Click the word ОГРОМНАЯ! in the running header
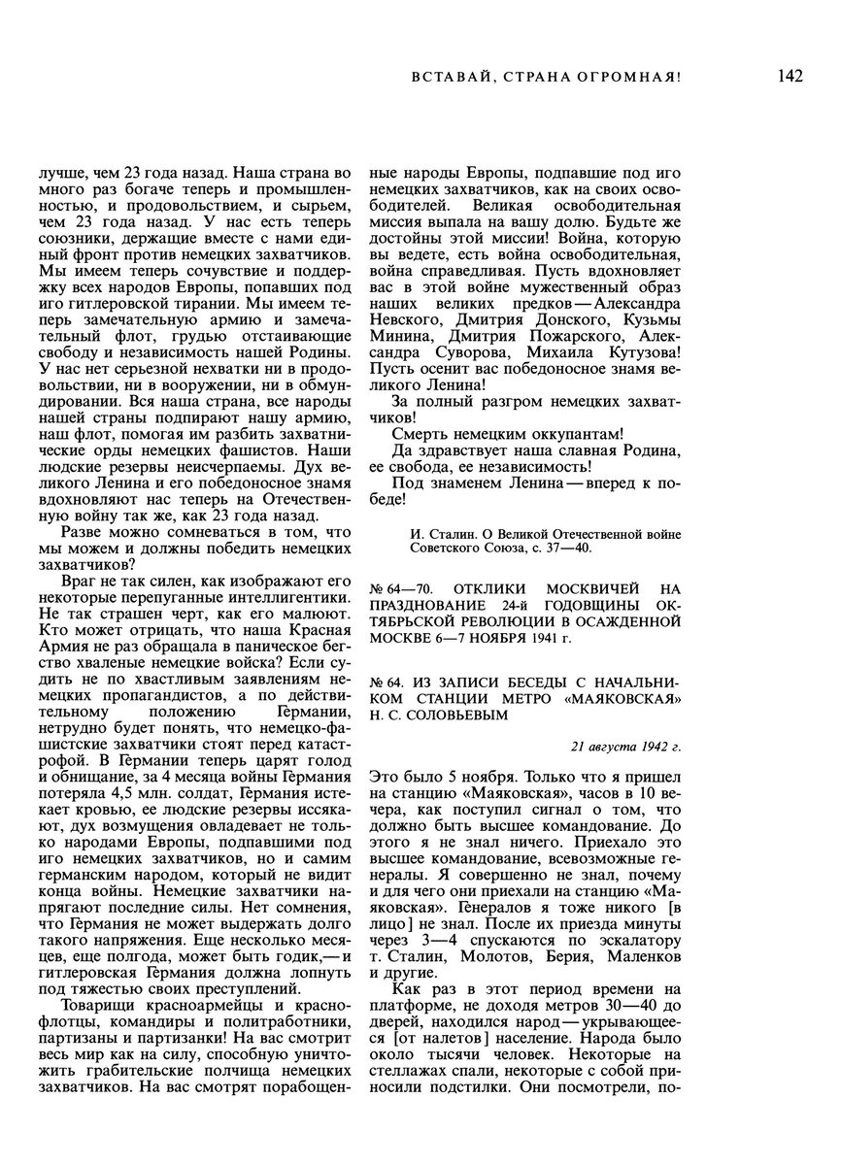(635, 77)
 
